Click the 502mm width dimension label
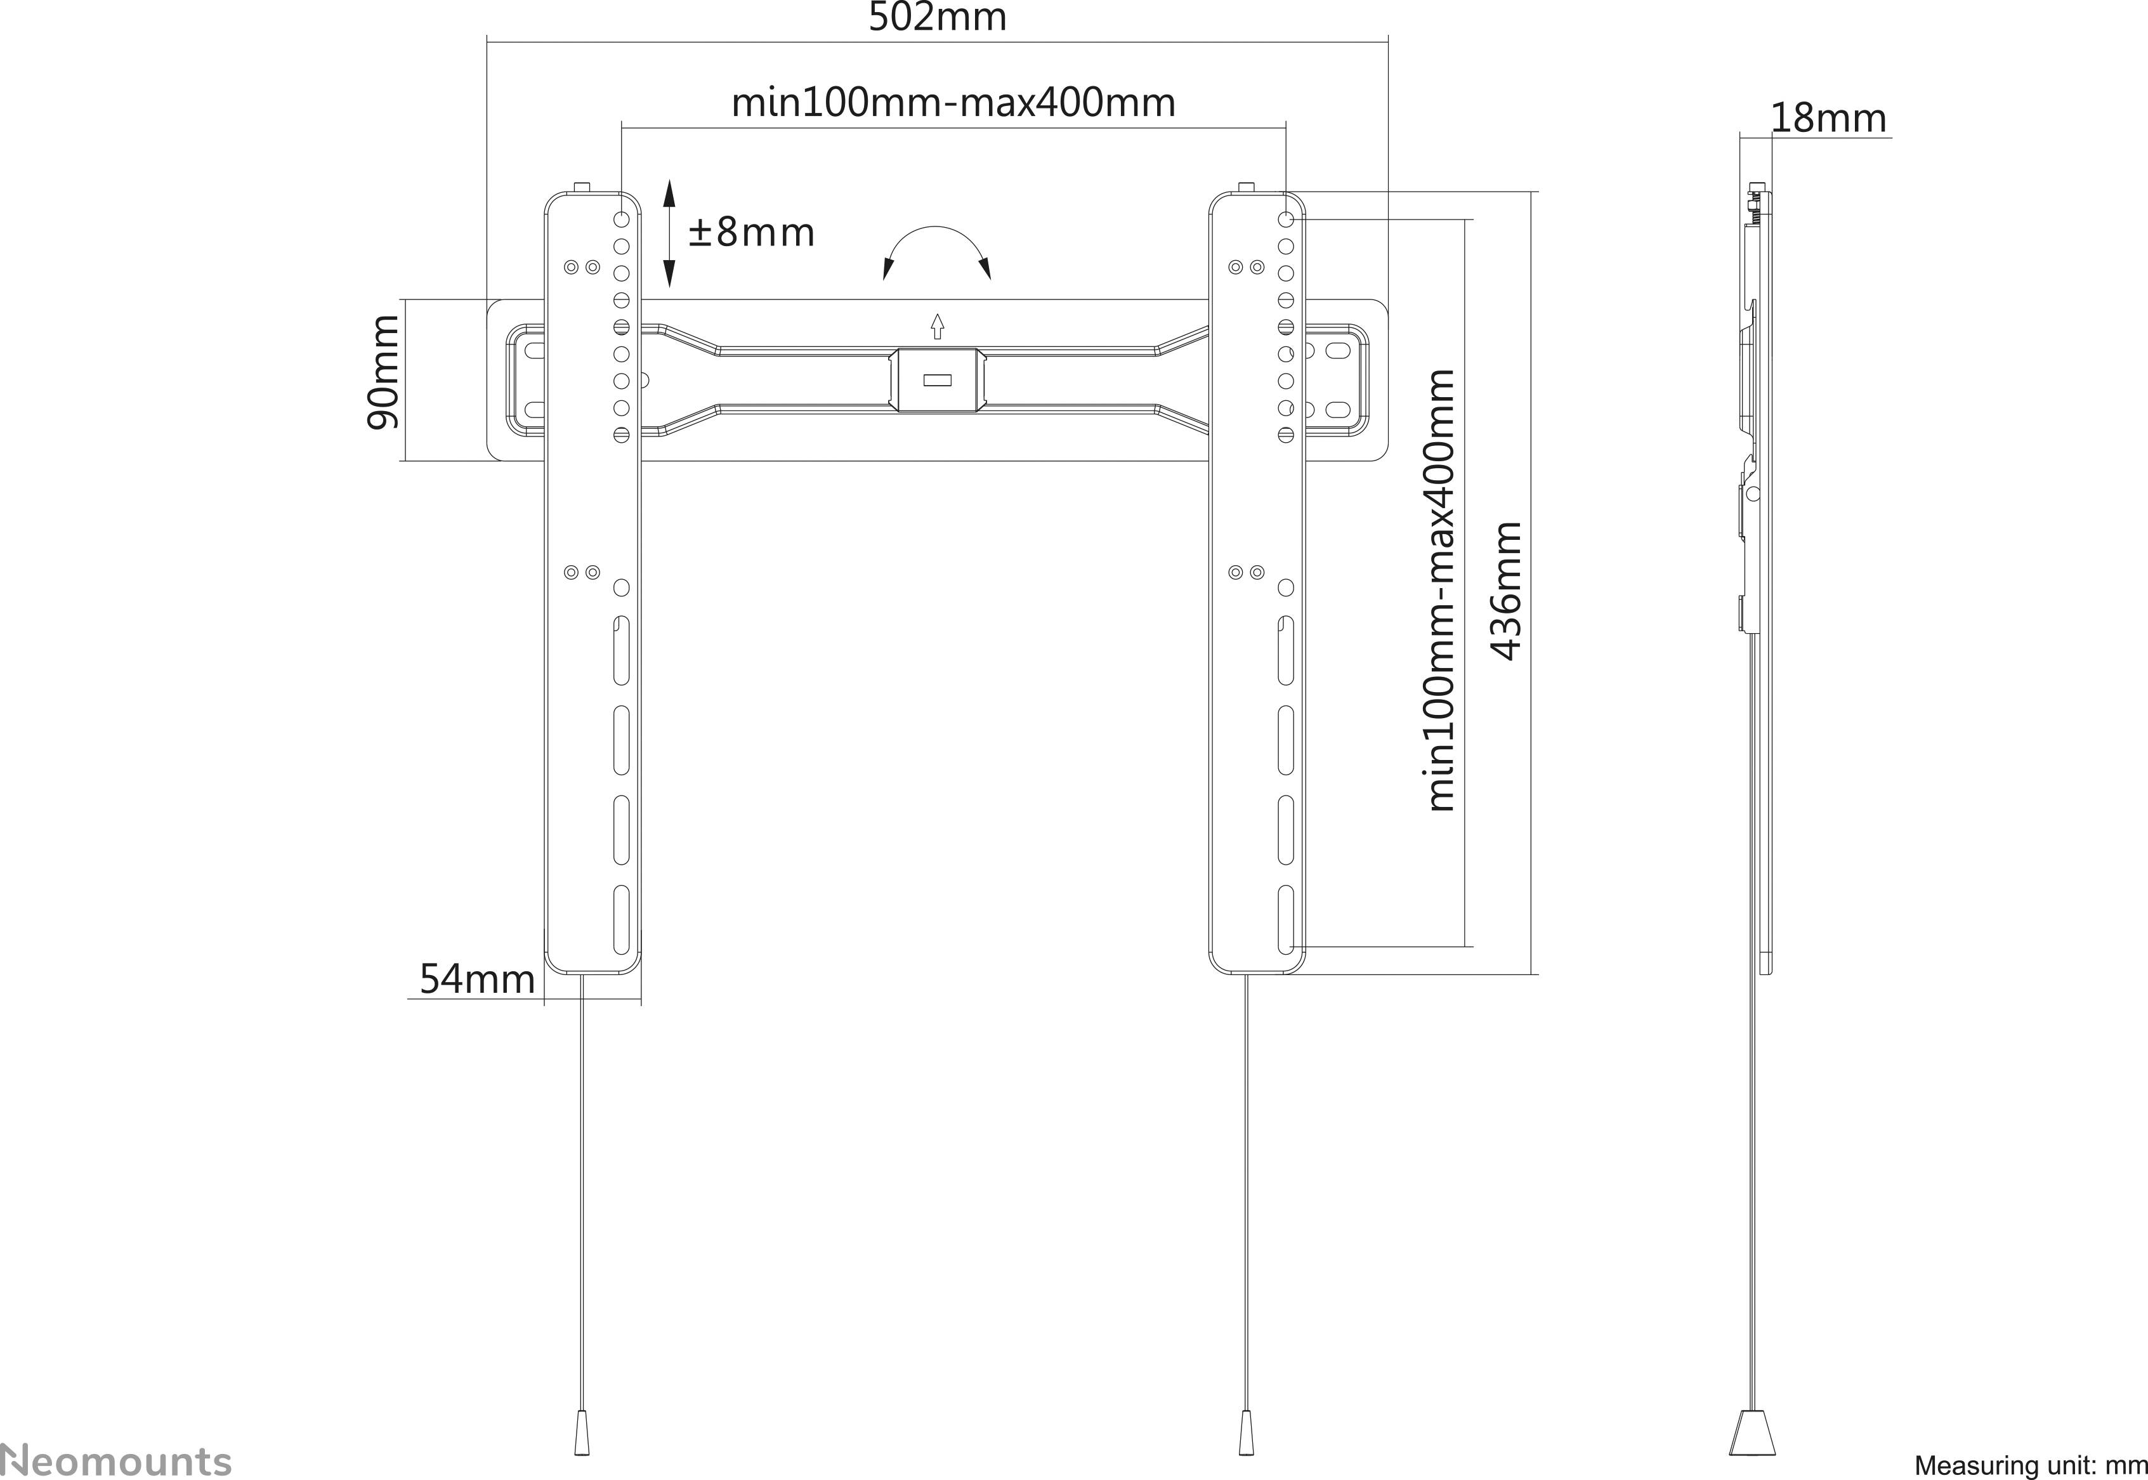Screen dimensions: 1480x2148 coord(936,18)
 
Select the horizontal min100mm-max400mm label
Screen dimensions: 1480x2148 coord(953,102)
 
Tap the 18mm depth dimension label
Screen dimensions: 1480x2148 coord(1827,119)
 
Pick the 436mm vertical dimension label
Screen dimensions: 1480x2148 coord(1507,591)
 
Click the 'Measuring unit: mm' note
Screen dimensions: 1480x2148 coord(2029,1465)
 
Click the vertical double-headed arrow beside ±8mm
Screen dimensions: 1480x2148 coord(669,233)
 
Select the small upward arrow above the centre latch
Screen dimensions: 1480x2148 coord(937,325)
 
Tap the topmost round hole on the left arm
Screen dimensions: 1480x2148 coord(621,219)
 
